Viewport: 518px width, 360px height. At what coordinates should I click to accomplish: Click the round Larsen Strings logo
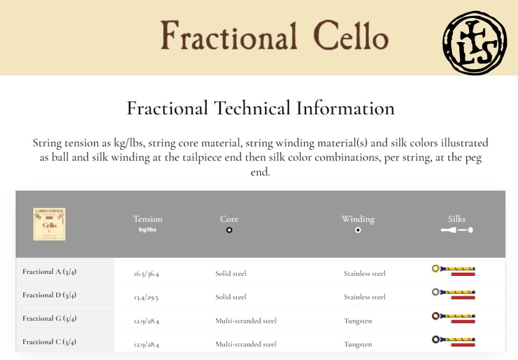474,43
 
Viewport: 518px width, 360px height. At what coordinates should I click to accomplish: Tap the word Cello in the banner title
351,35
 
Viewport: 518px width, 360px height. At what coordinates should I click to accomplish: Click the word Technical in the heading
252,108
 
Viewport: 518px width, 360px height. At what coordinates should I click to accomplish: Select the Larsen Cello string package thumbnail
49,224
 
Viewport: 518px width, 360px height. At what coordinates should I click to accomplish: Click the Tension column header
148,219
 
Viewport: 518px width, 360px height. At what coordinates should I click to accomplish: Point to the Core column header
229,219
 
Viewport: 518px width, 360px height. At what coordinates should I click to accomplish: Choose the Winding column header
358,219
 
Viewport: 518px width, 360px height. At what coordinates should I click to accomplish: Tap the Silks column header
457,219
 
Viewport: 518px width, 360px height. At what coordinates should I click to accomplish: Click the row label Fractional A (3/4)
50,272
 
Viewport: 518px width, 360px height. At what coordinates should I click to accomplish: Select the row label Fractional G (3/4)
50,319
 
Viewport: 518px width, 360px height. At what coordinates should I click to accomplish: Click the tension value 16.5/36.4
146,274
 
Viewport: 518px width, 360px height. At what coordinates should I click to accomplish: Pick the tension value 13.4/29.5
146,297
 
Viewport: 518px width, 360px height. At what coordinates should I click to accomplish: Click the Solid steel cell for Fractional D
231,297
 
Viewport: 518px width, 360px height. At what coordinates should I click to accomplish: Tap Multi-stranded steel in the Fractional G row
246,321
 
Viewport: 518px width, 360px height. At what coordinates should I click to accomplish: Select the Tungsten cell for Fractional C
358,344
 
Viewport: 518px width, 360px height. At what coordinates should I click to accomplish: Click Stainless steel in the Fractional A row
365,274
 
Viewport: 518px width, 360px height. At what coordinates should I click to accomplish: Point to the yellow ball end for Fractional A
436,268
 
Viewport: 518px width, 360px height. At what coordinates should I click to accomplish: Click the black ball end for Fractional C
436,339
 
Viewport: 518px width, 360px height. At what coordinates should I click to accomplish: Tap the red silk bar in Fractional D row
463,297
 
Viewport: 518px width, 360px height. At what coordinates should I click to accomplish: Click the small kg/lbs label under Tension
148,230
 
